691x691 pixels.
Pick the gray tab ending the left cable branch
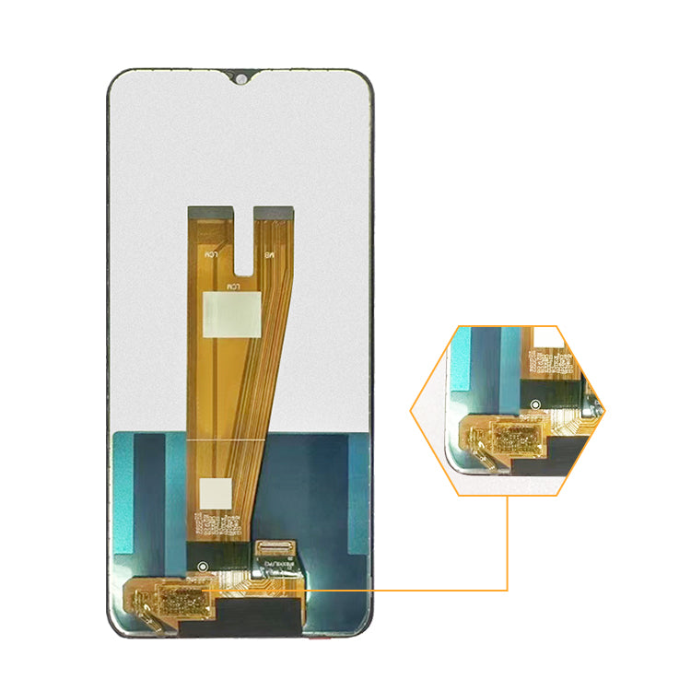tap(210, 211)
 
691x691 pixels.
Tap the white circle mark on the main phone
tap(204, 565)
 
